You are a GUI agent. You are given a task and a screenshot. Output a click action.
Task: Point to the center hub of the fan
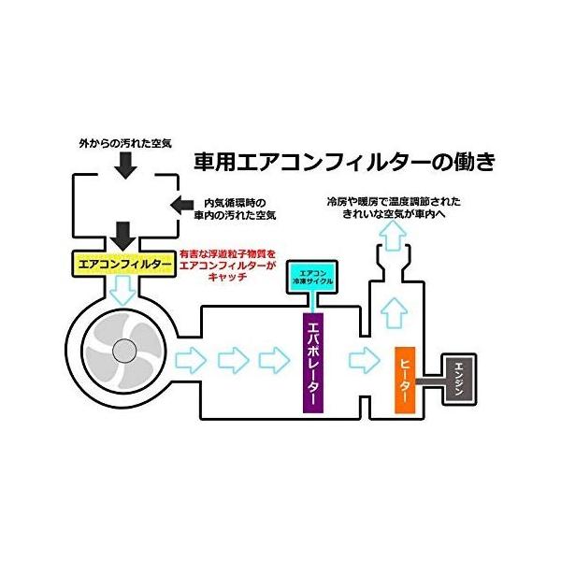pos(123,352)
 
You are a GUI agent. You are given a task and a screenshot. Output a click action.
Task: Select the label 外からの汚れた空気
pos(124,147)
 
